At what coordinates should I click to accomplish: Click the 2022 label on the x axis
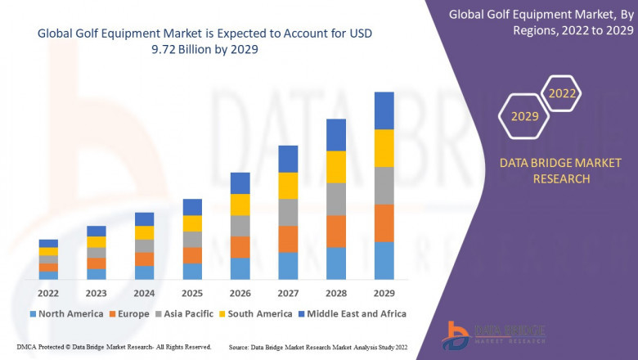(48, 293)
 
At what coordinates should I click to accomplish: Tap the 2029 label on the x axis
(384, 293)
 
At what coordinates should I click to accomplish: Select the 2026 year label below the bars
(240, 293)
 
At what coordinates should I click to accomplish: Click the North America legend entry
(65, 313)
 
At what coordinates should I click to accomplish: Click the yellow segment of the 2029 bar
(384, 148)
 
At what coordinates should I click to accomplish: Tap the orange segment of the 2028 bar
(336, 232)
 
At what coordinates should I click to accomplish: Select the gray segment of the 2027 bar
(288, 212)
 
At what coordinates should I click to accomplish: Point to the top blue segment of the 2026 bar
(240, 182)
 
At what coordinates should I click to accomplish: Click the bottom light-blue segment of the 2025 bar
(192, 271)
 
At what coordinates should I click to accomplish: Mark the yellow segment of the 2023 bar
(97, 241)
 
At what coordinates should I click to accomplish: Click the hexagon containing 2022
(562, 94)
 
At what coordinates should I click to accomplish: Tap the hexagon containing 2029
(524, 117)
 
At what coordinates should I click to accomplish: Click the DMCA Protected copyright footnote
(114, 347)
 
